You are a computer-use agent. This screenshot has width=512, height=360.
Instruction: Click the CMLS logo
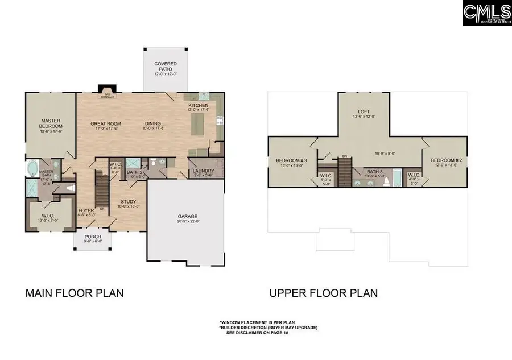[x=487, y=13]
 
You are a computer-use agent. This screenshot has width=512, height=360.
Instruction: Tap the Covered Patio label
[x=166, y=67]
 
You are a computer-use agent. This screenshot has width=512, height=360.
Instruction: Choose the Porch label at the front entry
[x=93, y=237]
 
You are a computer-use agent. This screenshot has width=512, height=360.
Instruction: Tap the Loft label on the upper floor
[x=364, y=111]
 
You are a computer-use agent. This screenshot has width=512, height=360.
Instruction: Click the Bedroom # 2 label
[x=445, y=160]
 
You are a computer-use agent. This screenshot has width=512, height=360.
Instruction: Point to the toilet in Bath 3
[x=384, y=183]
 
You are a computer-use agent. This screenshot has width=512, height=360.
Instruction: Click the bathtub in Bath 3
[x=397, y=179]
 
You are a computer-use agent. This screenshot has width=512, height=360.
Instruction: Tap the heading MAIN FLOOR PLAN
[x=75, y=293]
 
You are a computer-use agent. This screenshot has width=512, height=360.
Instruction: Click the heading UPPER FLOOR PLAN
[x=323, y=293]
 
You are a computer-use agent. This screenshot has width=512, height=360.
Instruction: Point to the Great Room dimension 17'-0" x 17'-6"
[x=106, y=128]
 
